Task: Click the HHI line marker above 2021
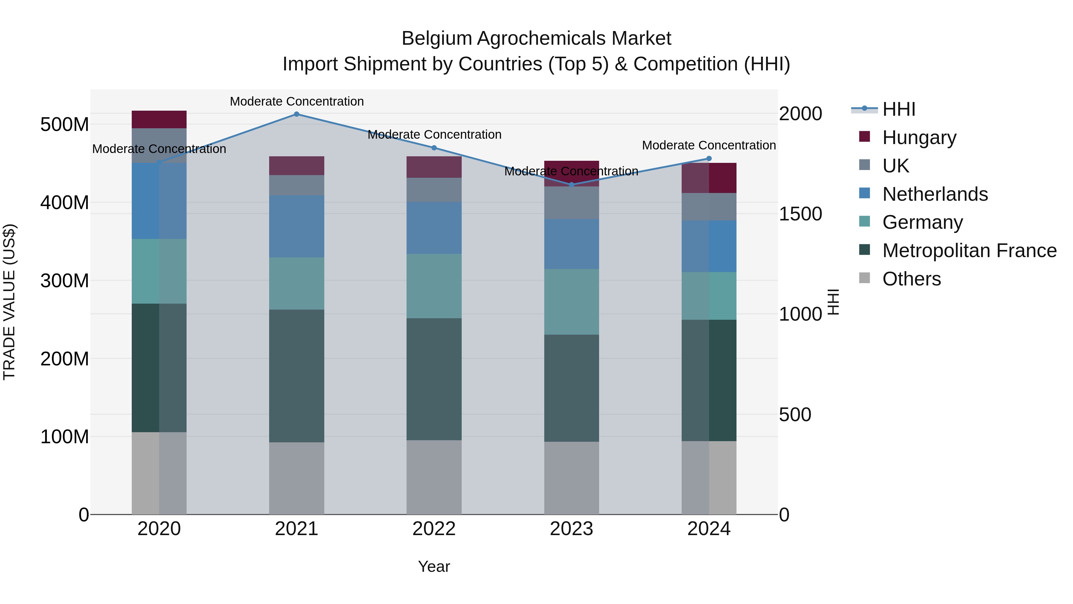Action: pyautogui.click(x=297, y=114)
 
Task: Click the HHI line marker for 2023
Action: pyautogui.click(x=571, y=185)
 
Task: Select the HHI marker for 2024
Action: pyautogui.click(x=709, y=158)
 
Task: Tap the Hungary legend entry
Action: pyautogui.click(x=919, y=137)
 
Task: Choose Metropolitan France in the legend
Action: pyautogui.click(x=969, y=251)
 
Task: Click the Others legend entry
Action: pyautogui.click(x=911, y=279)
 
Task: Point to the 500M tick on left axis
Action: pyautogui.click(x=65, y=124)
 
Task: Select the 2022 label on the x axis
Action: pyautogui.click(x=434, y=529)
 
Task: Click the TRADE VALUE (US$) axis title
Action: pyautogui.click(x=9, y=302)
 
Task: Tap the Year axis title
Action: pyautogui.click(x=434, y=566)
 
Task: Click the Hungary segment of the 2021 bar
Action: pyautogui.click(x=297, y=166)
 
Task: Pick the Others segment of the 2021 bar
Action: pyautogui.click(x=297, y=478)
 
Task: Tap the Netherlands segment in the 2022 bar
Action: pyautogui.click(x=434, y=228)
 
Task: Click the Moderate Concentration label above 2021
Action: pyautogui.click(x=297, y=101)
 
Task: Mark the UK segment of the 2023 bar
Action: pyautogui.click(x=571, y=202)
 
